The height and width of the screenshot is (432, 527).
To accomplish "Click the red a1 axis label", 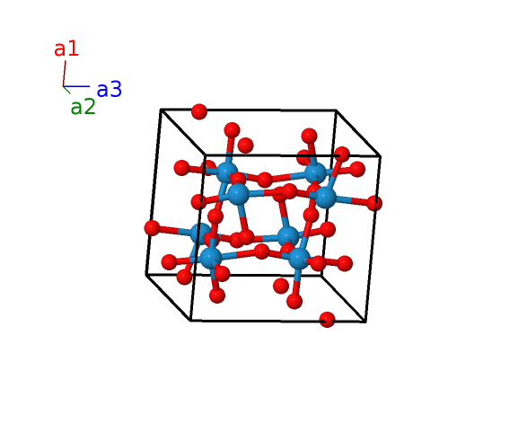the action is pos(66,48).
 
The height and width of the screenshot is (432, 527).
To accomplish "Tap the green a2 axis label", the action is pos(83,107).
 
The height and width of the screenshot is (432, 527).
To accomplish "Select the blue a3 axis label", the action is pos(110,90).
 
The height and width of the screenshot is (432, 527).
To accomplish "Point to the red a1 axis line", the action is pos(65,74).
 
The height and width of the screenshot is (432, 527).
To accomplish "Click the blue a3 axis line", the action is pos(76,86).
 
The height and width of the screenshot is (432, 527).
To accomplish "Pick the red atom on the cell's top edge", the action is pos(199,111).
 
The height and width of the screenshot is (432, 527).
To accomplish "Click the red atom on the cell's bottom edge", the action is pos(327,320).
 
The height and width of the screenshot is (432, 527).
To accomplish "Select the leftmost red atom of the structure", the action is pos(152,228).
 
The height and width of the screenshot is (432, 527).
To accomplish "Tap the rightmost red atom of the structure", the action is pos(374,203).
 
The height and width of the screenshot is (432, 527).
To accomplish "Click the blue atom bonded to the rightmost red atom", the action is pos(325,198).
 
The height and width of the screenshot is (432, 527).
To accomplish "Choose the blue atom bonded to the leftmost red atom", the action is pos(200,234).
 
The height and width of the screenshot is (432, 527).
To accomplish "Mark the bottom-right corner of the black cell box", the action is pos(365,322).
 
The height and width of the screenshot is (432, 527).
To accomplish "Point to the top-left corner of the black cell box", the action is pos(161,110).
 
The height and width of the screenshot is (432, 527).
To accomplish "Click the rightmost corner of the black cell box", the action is pos(381,156).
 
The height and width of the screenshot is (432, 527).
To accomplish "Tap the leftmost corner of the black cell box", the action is pos(146,275).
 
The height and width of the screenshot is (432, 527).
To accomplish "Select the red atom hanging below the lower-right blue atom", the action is pos(294,301).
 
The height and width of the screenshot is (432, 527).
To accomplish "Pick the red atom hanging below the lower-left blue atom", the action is pos(217,295).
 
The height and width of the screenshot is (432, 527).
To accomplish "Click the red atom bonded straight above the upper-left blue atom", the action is pos(232,130).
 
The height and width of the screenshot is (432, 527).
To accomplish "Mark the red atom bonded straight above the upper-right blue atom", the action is pos(309,136).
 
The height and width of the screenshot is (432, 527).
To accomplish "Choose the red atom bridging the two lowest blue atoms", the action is pos(261,251).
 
